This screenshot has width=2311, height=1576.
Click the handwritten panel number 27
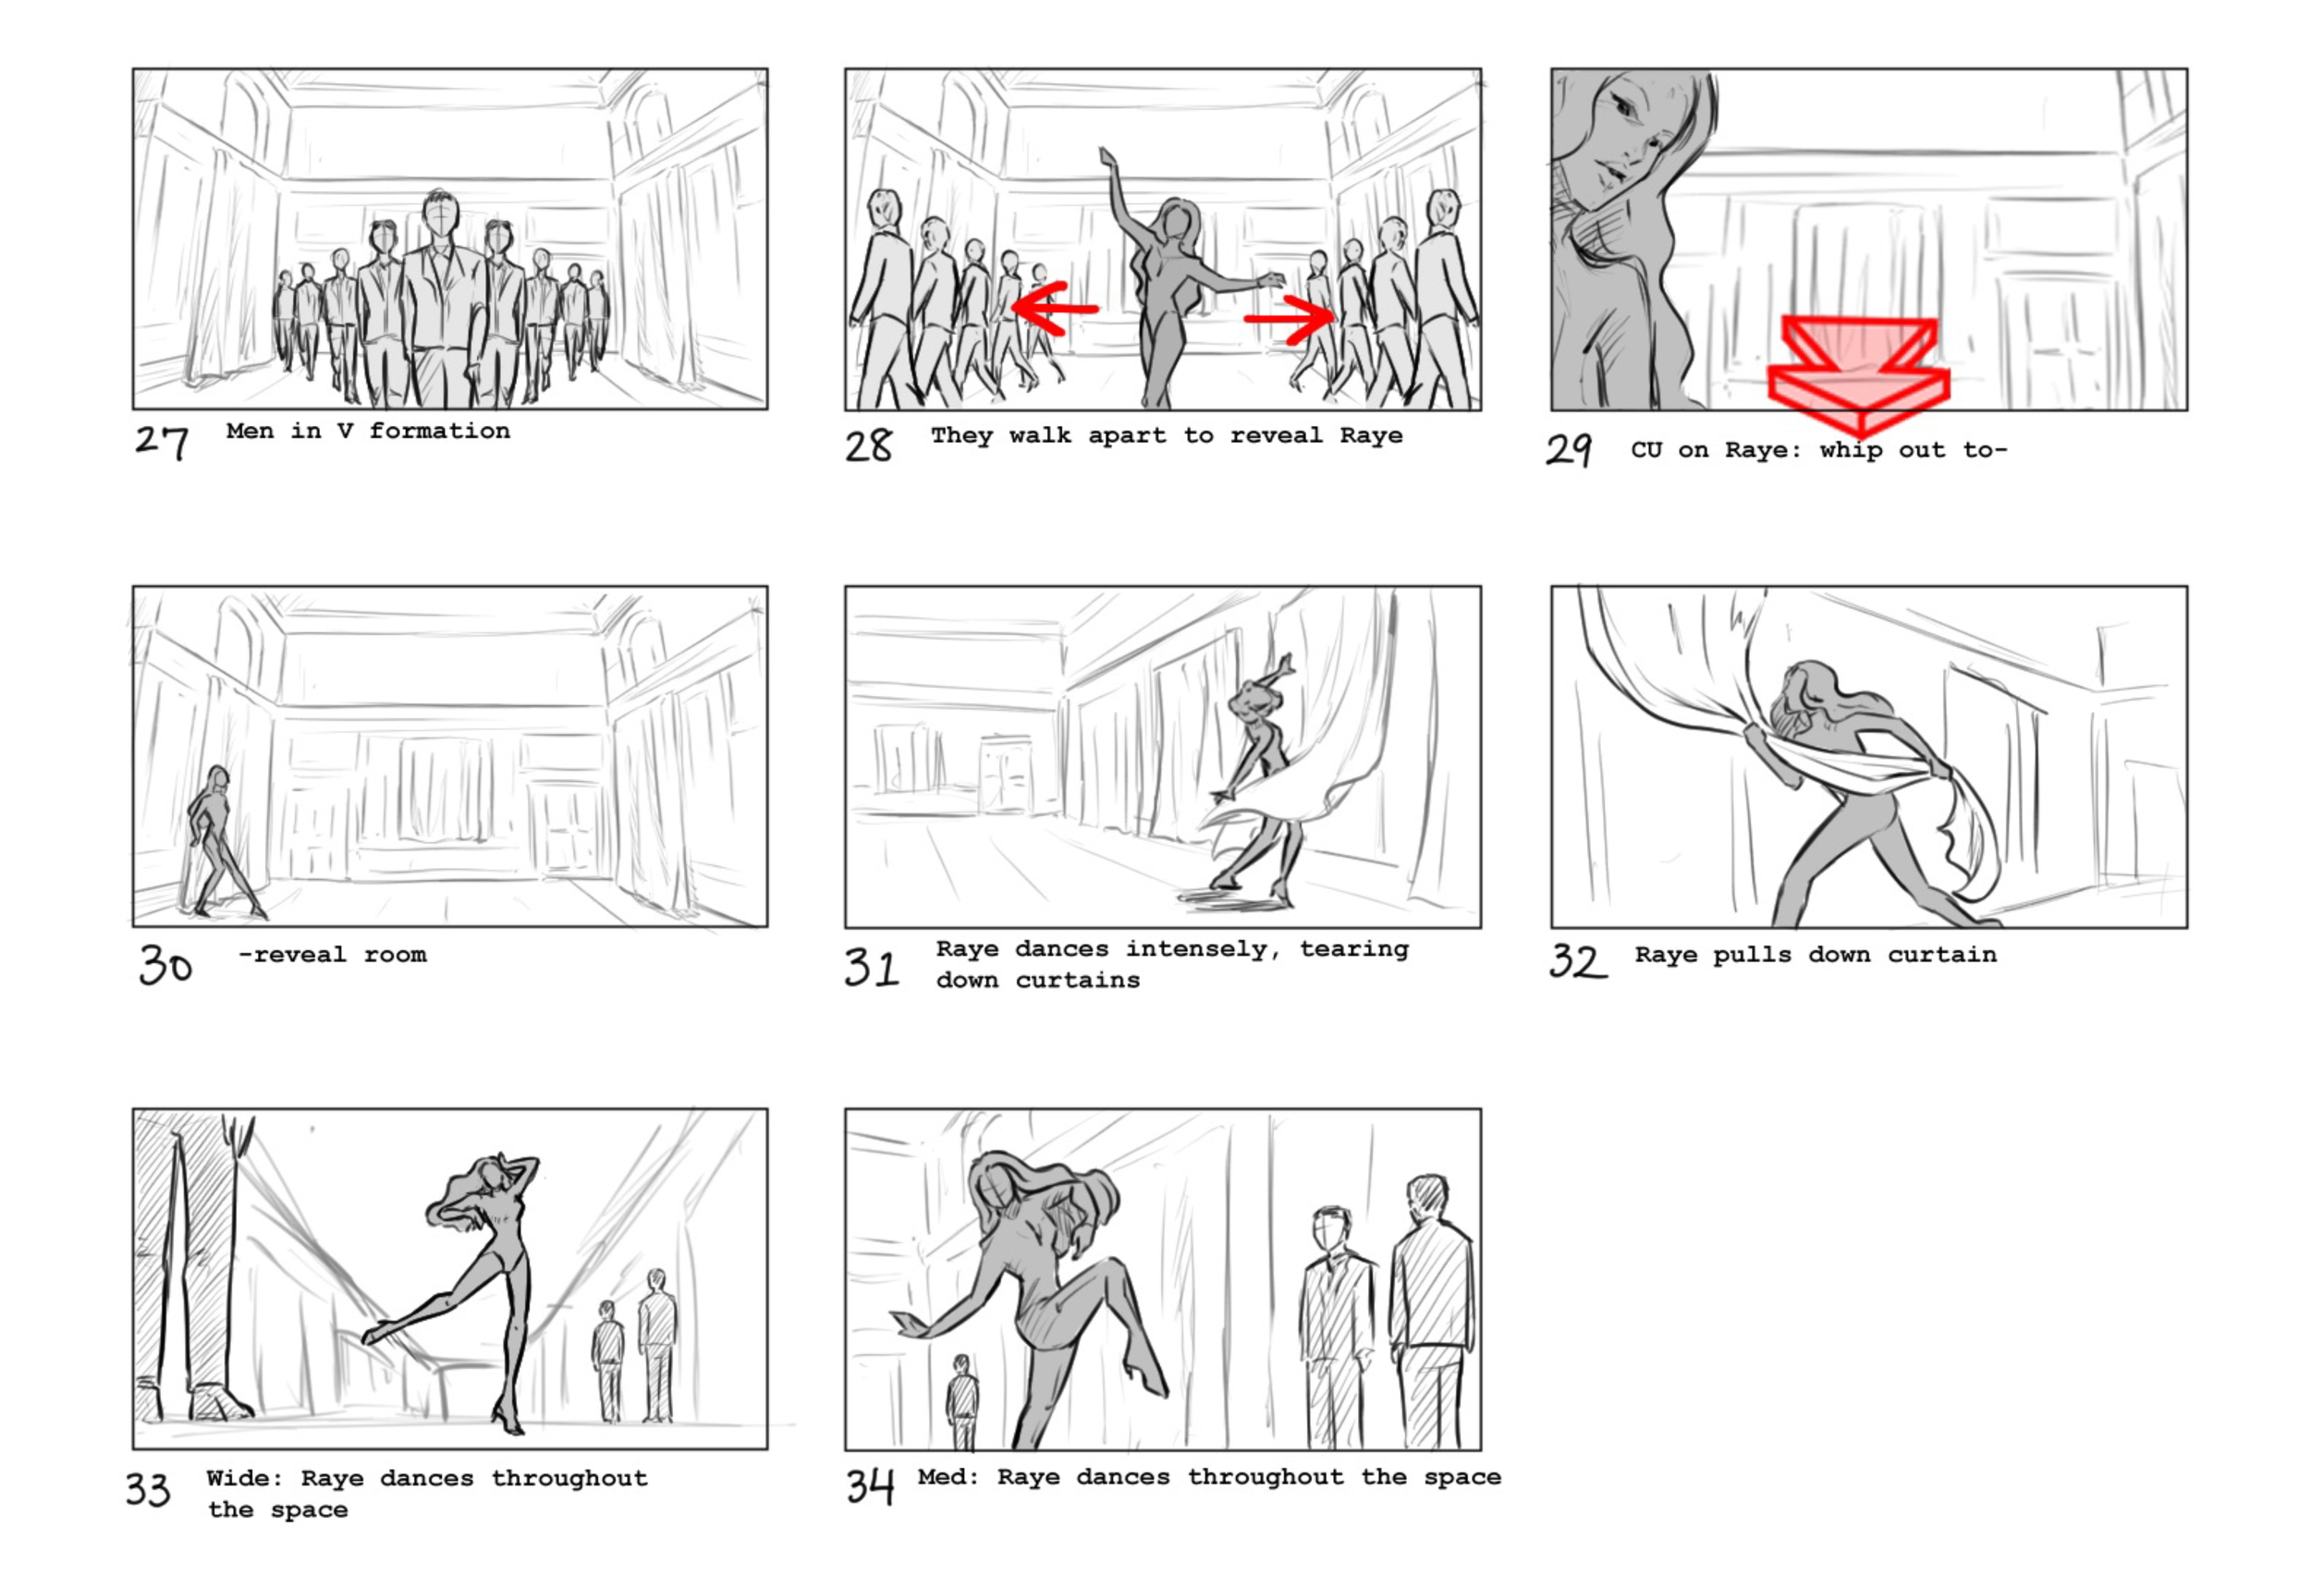[161, 442]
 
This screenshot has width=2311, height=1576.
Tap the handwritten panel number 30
[165, 963]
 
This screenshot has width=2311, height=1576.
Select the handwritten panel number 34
[870, 1486]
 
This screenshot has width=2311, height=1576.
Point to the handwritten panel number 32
[1577, 960]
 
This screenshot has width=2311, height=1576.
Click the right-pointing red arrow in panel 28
[1290, 318]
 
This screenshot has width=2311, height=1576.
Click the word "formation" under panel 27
[439, 431]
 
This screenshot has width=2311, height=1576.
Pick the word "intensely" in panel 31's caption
[1197, 949]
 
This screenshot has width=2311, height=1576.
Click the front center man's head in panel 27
[439, 212]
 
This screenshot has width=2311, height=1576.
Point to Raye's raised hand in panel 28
[1107, 158]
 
